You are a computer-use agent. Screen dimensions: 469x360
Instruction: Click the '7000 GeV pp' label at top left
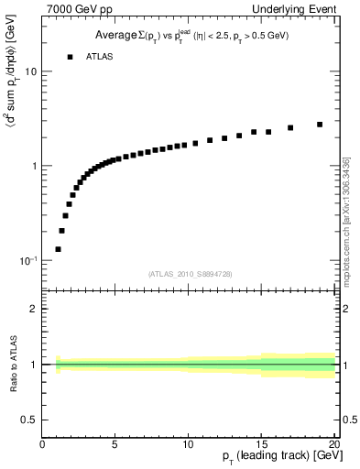click(x=74, y=10)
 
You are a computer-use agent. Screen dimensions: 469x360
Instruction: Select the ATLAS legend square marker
click(x=70, y=57)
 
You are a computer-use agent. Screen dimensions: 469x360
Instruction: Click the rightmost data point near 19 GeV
click(x=320, y=125)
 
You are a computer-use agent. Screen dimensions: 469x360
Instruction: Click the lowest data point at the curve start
click(x=58, y=249)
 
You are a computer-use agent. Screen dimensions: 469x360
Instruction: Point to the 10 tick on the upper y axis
click(x=30, y=71)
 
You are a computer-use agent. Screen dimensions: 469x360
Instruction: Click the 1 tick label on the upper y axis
click(x=33, y=166)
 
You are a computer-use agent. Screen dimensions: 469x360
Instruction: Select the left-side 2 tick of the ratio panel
click(x=33, y=309)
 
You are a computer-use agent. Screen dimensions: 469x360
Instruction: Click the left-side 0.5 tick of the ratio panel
click(x=28, y=420)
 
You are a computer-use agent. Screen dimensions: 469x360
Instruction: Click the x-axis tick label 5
click(x=115, y=444)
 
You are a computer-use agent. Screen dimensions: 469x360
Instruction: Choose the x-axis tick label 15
click(x=261, y=444)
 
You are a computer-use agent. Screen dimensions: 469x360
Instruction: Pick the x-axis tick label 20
click(x=333, y=444)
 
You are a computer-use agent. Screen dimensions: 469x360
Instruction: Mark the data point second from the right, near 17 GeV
click(x=290, y=128)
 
